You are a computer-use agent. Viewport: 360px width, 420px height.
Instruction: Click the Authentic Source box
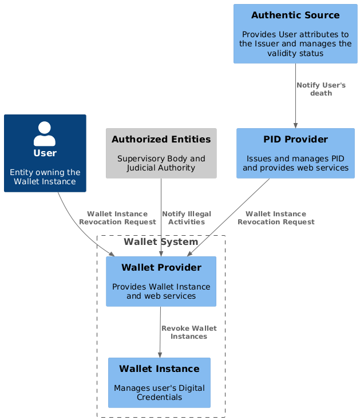coord(295,33)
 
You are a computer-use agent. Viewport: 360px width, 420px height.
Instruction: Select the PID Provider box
coord(295,153)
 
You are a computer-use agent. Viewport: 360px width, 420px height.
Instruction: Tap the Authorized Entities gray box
coord(161,153)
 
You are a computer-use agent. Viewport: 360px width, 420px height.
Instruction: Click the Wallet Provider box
coord(161,281)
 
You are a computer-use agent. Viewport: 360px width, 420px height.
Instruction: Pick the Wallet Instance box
coord(159,382)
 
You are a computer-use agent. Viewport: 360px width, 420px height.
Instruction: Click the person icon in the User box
coord(45,133)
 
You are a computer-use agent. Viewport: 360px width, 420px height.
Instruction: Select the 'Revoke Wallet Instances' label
coord(189,332)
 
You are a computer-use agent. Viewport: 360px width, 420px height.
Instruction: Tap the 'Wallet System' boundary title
coord(161,242)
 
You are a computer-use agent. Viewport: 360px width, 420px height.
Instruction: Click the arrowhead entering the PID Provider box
coord(295,125)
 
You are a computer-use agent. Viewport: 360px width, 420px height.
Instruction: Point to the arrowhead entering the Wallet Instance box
coord(160,355)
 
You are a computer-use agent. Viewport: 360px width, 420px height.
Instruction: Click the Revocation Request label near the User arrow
coord(117,217)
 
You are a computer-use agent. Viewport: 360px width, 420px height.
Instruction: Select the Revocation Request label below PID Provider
coord(276,217)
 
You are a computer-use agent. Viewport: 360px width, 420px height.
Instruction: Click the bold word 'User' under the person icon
coord(45,153)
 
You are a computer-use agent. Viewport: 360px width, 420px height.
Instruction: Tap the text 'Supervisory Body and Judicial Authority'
coord(161,163)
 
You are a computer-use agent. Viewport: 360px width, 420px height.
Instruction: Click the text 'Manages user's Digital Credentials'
coord(159,393)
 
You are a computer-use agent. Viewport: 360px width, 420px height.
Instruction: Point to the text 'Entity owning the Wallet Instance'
coord(45,177)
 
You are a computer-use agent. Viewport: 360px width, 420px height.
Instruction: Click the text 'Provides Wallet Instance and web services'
coord(161,291)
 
